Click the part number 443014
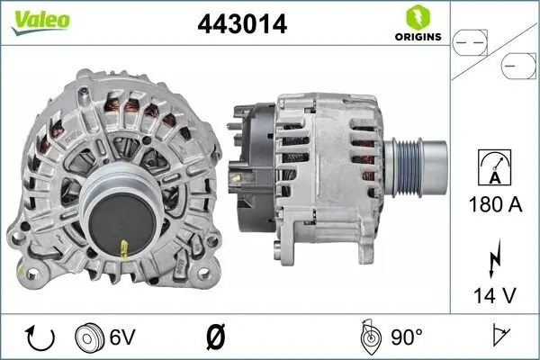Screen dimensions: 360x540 point(241,24)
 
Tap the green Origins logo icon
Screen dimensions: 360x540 point(417,16)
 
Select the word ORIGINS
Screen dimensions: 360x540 point(417,37)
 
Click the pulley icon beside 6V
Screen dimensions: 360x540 point(91,337)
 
